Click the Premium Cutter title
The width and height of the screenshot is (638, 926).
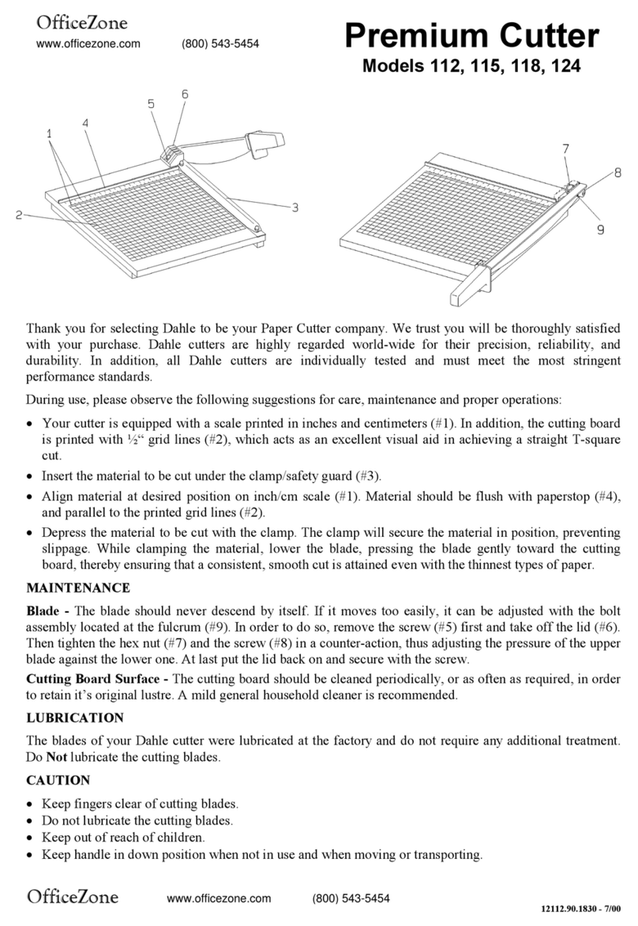471,36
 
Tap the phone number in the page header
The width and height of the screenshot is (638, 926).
220,44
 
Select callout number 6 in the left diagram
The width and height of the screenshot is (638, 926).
185,94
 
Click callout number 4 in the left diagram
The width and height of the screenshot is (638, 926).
84,122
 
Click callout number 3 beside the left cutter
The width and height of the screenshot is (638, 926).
295,208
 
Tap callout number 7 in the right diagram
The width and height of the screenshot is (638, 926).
566,148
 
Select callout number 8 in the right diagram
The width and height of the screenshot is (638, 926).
617,171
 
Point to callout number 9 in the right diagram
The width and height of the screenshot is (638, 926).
600,230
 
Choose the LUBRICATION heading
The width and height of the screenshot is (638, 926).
75,718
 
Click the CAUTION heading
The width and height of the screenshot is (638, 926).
58,780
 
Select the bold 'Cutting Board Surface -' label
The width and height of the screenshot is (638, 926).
97,679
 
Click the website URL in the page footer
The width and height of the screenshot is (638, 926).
219,898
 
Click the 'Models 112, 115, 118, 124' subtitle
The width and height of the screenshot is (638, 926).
471,67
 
